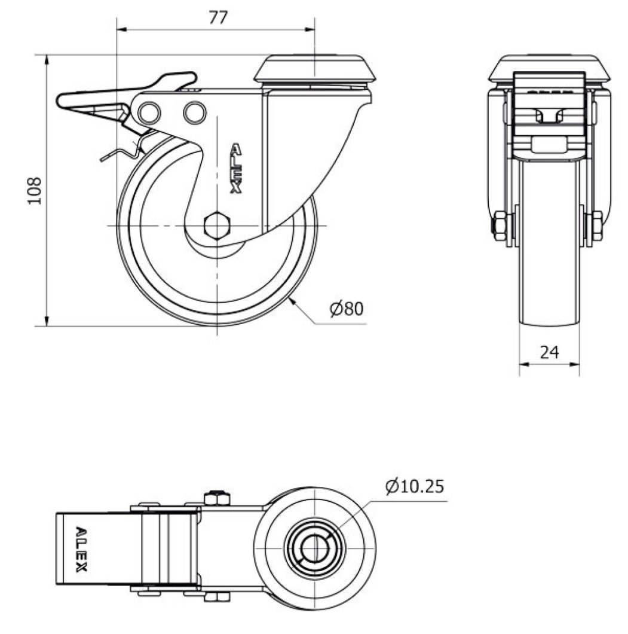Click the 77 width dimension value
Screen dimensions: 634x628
(x=219, y=17)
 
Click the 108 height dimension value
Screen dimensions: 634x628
(x=35, y=190)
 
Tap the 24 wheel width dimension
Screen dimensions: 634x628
(x=549, y=352)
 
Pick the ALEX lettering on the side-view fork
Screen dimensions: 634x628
(x=236, y=168)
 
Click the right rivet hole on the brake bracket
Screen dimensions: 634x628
(x=193, y=112)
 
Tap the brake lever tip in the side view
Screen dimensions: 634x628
(x=62, y=101)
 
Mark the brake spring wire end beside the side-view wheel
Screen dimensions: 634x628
(x=104, y=159)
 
